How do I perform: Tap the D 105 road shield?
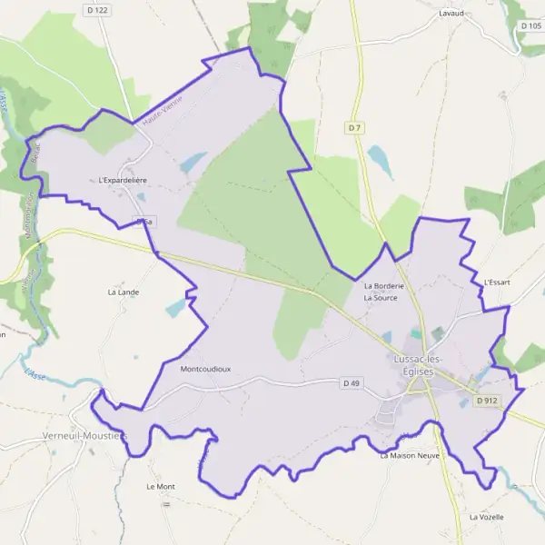tap(531, 25)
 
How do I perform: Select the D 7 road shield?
tap(355, 128)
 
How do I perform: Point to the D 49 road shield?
tap(352, 383)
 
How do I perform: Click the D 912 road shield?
tap(488, 401)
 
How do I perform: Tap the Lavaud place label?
tap(451, 14)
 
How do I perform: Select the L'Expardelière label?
tap(124, 181)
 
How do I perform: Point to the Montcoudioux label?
tap(205, 370)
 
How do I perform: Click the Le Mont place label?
tap(160, 486)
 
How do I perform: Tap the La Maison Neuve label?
tap(410, 454)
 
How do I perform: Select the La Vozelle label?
tap(486, 516)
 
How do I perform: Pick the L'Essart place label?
tap(498, 282)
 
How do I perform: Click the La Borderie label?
tap(382, 286)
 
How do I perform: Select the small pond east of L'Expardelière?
tap(193, 163)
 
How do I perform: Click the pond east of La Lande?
tap(174, 308)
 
